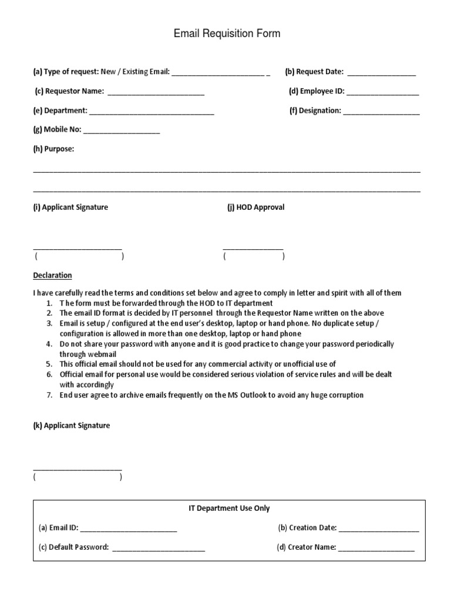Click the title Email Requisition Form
[227, 34]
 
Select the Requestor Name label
[69, 91]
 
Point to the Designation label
[315, 111]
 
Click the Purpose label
[53, 149]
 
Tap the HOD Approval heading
[255, 208]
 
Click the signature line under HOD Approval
[253, 249]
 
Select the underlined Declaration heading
[52, 275]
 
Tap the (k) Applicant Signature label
[71, 426]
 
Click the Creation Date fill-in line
[379, 529]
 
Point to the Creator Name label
[306, 547]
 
